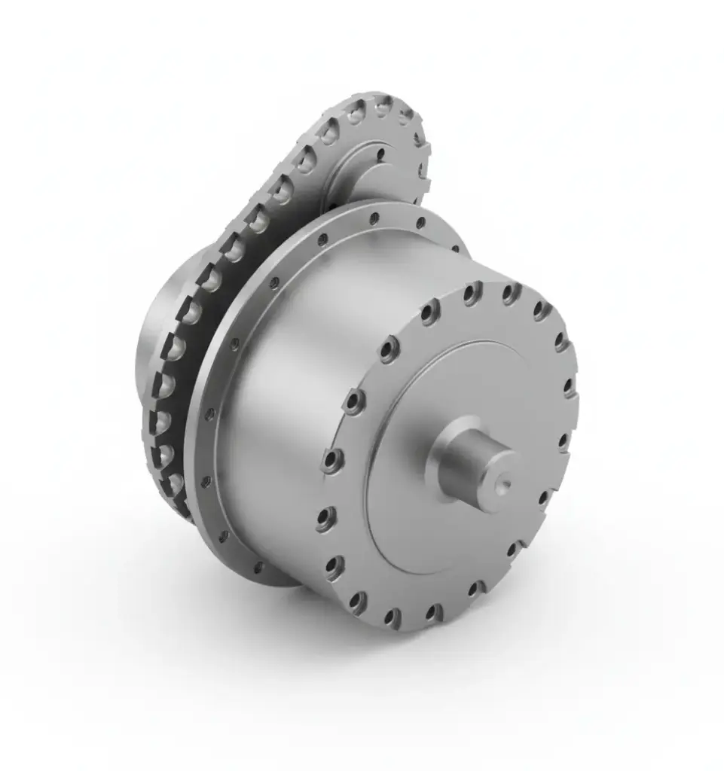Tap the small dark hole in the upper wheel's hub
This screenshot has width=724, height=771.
click(380, 154)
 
